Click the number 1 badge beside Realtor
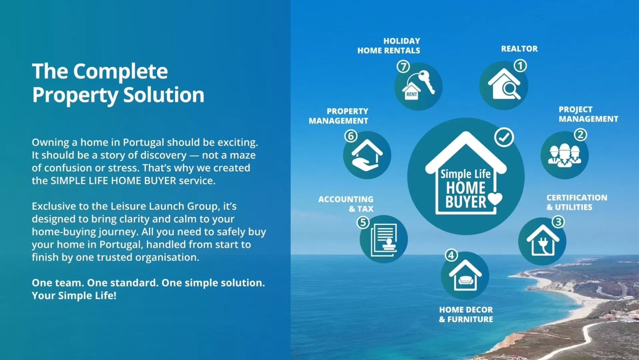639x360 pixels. (520, 65)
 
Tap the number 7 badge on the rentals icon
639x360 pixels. (403, 66)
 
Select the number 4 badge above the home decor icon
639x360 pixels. (451, 255)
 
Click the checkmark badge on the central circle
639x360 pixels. (504, 137)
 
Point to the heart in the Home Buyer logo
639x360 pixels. (495, 199)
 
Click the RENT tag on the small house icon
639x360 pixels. (411, 94)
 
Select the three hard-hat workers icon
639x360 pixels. (564, 155)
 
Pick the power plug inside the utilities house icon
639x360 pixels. (543, 245)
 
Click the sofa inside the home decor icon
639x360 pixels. (466, 280)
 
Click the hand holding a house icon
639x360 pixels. (367, 155)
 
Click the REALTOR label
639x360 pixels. (519, 49)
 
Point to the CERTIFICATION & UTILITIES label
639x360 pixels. (577, 202)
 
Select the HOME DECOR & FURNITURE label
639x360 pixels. (466, 314)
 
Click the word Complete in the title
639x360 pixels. (120, 71)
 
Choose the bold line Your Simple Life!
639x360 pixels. (74, 295)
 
